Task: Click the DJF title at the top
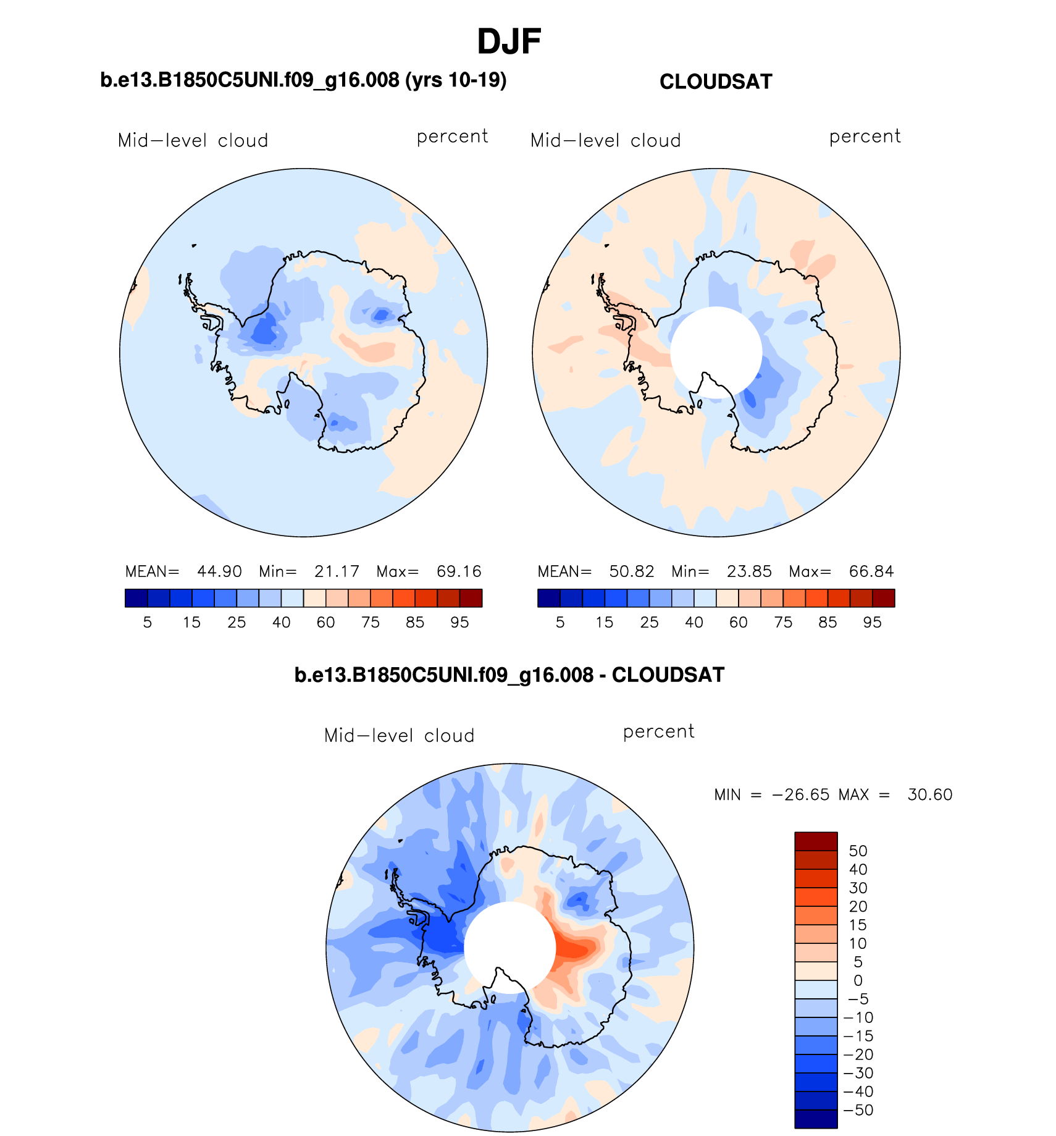[509, 42]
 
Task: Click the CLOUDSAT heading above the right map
[716, 82]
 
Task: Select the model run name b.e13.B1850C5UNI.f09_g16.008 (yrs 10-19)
[303, 80]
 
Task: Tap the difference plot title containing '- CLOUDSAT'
[509, 675]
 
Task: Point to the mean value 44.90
[219, 571]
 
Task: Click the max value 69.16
[458, 571]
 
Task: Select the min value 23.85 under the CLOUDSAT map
[749, 571]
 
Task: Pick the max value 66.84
[871, 571]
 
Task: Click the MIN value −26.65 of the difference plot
[801, 794]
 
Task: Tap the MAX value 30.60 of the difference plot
[929, 794]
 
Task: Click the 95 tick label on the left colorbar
[459, 623]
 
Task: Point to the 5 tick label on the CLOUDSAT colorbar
[560, 623]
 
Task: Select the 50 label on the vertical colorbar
[858, 851]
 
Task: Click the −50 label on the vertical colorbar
[858, 1110]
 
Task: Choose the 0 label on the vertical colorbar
[858, 980]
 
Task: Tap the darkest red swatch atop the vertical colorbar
[816, 841]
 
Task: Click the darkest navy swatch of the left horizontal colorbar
[136, 598]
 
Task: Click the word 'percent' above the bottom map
[658, 732]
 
